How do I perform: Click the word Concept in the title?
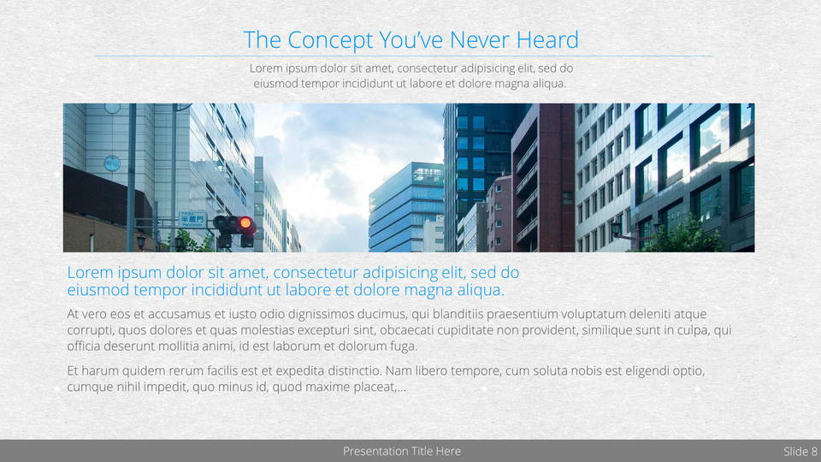coord(330,40)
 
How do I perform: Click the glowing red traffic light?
coord(245,223)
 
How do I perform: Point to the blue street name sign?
coord(192,220)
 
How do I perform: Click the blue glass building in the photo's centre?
coord(405,207)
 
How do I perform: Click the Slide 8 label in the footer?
coord(800,452)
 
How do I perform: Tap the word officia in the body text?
coord(84,346)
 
